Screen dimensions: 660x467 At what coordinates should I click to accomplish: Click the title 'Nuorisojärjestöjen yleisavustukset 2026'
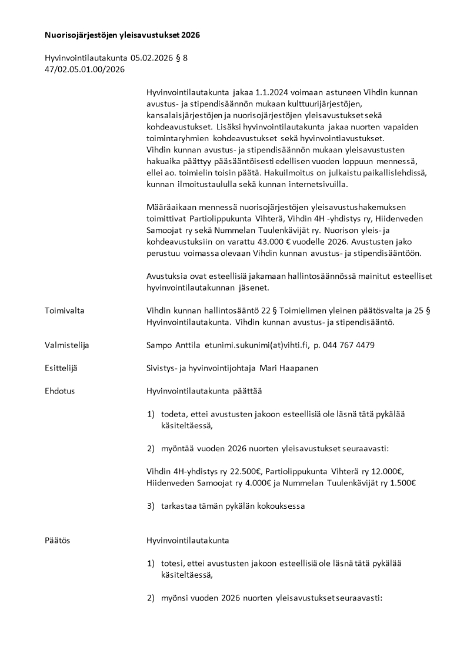coord(122,35)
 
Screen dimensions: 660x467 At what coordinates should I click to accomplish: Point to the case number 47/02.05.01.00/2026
coord(85,69)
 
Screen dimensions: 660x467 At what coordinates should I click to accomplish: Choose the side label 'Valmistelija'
coord(67,345)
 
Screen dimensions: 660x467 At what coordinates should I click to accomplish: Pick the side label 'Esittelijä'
coord(61,368)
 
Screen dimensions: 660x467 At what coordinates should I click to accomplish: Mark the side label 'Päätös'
coord(58,540)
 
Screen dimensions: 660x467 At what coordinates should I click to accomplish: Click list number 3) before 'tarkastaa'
coord(151,505)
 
